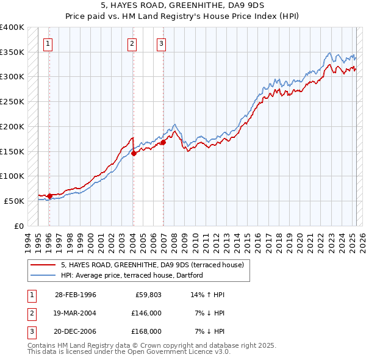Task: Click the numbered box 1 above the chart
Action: (x=48, y=43)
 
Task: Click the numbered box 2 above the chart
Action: (x=132, y=43)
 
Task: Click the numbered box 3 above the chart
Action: (x=161, y=43)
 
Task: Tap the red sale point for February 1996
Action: (x=49, y=196)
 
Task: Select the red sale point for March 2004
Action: (x=134, y=153)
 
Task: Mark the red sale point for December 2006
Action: (x=163, y=142)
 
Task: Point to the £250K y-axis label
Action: (x=12, y=102)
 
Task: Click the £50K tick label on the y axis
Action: (x=14, y=201)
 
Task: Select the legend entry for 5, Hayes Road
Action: (x=152, y=265)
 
